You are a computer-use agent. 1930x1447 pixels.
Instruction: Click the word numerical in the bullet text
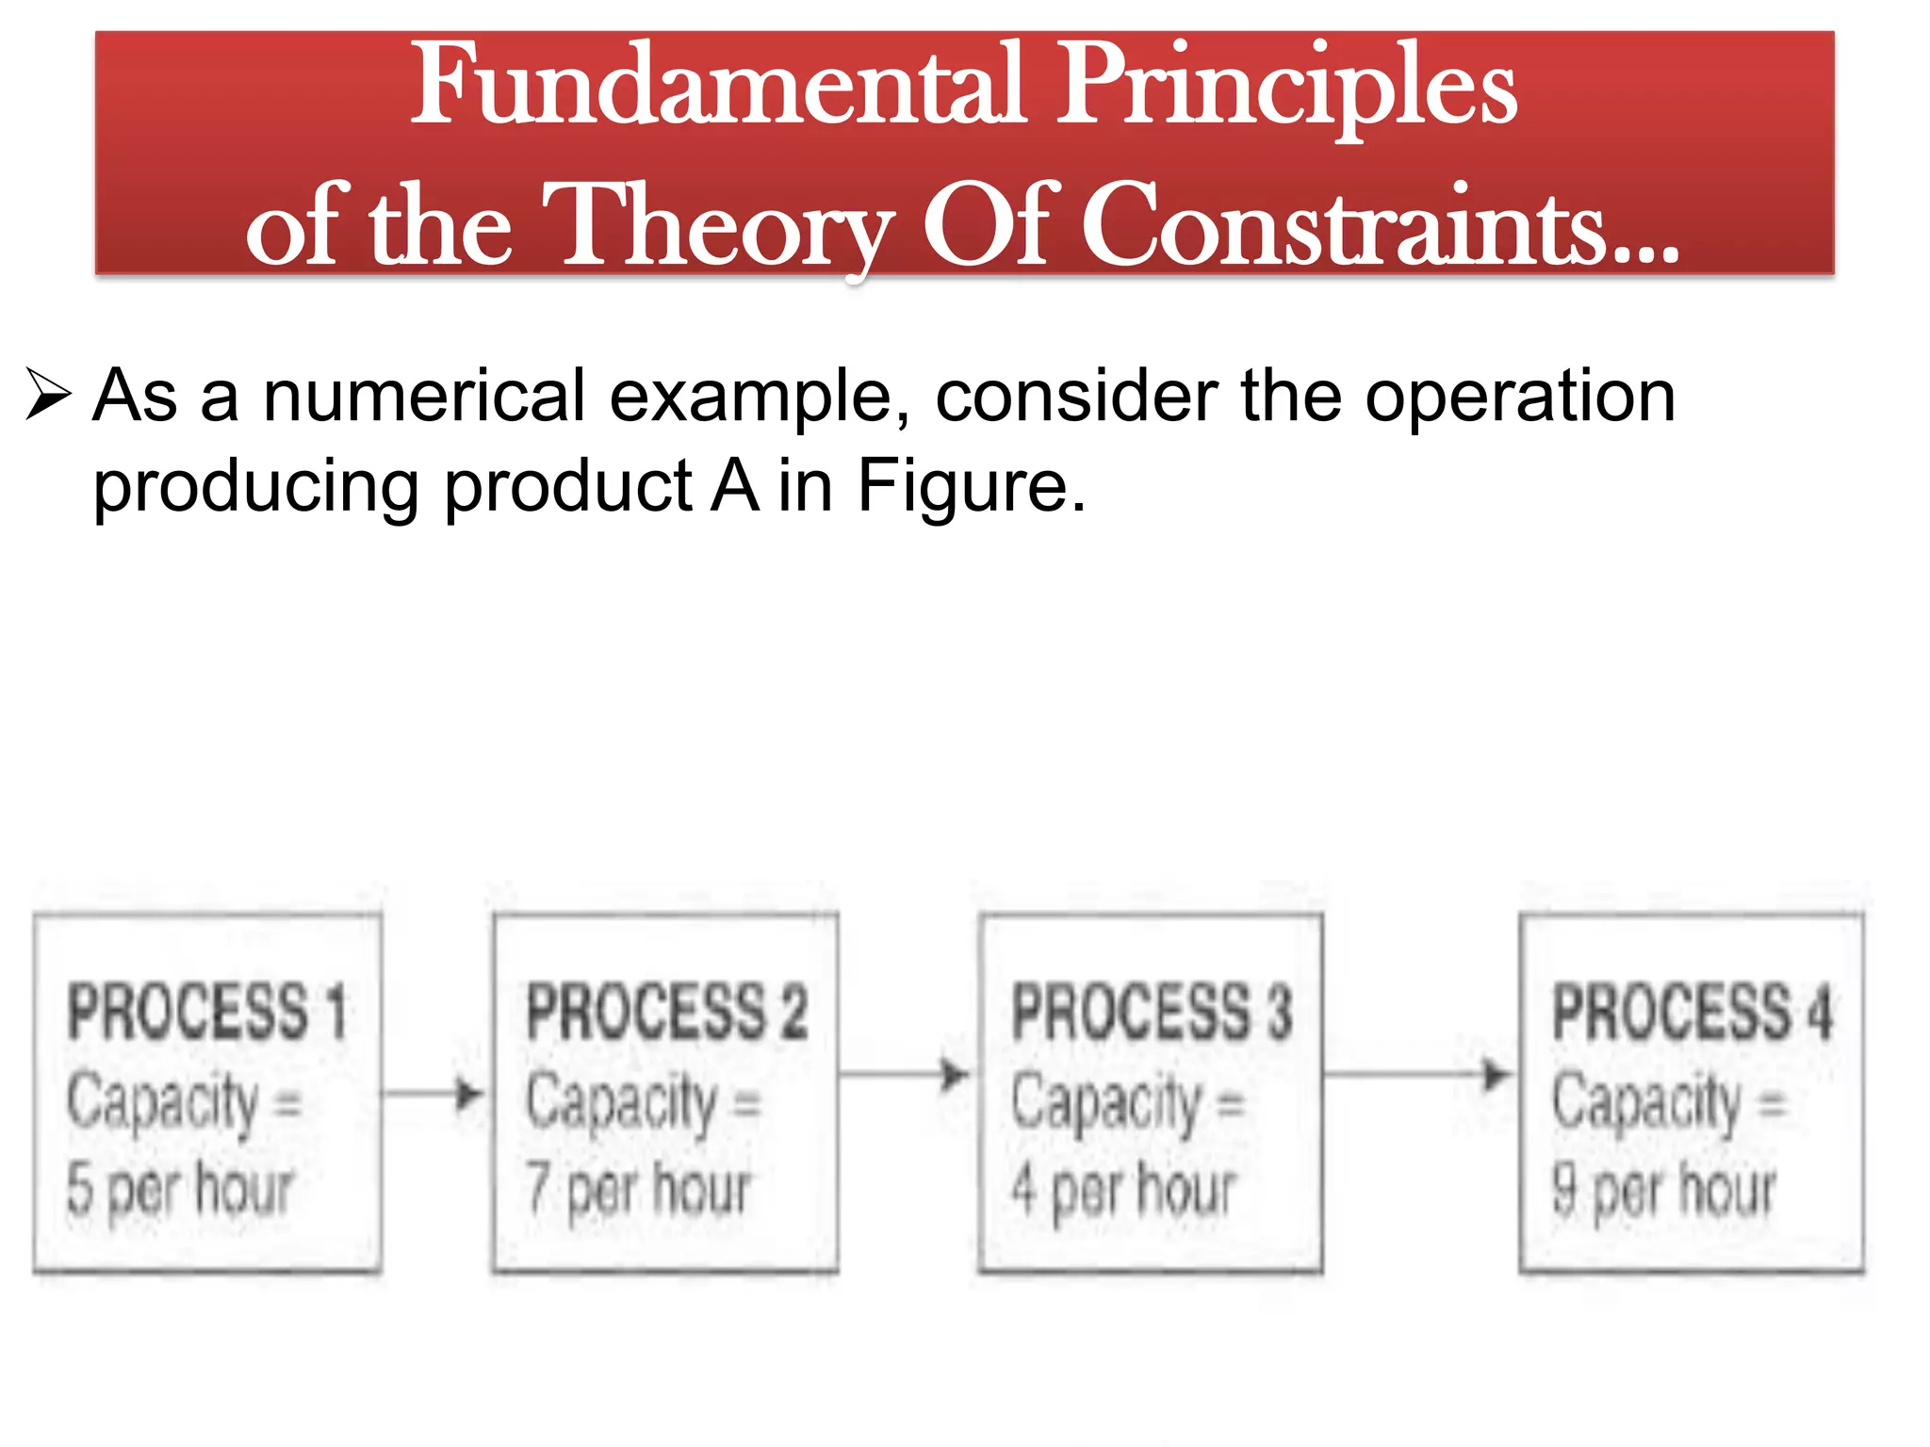click(x=424, y=396)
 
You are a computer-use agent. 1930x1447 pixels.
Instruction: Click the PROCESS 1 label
click(x=207, y=1012)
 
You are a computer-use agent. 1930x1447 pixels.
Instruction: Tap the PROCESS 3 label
click(x=1152, y=1012)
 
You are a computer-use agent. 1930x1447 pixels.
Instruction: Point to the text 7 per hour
click(x=639, y=1189)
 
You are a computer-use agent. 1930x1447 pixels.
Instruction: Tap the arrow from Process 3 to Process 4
click(x=1419, y=1075)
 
